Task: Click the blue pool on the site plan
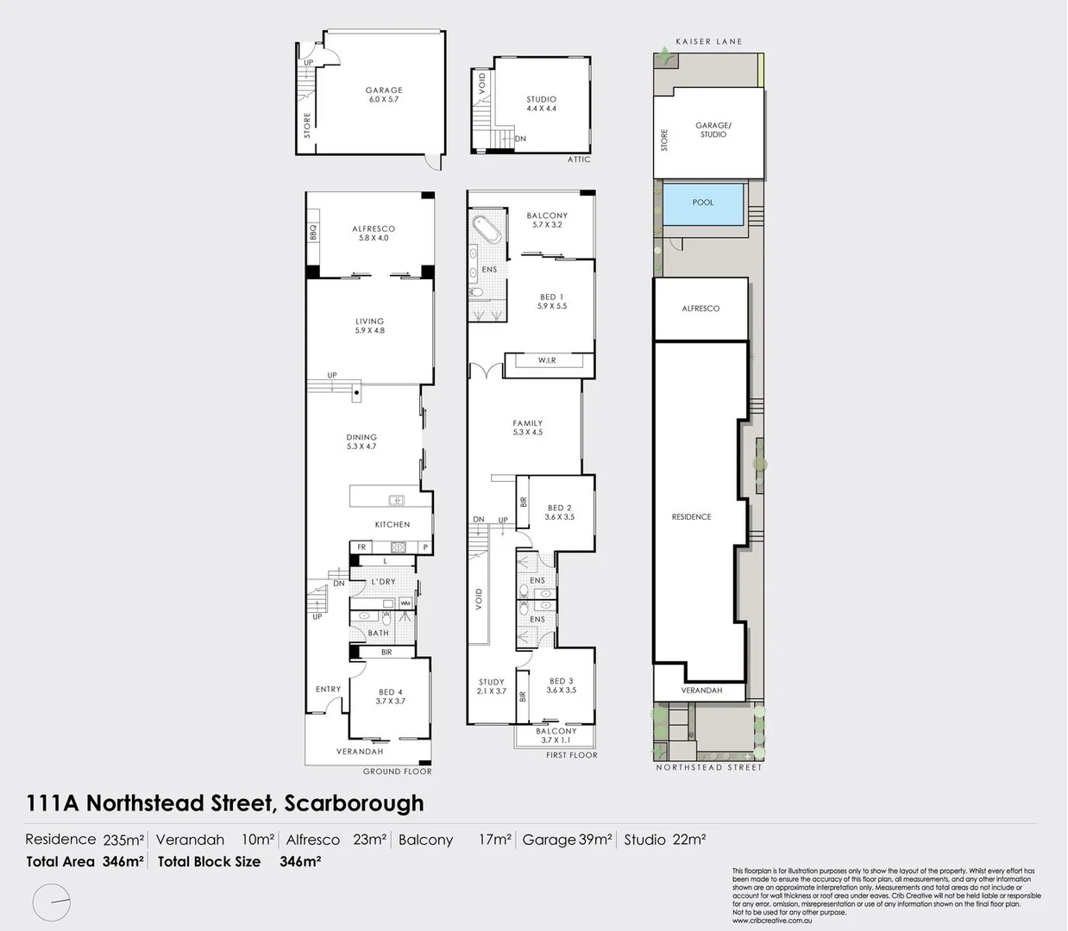[702, 203]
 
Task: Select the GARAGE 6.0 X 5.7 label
[383, 95]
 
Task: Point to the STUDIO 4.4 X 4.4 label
[541, 104]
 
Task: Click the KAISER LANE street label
[708, 41]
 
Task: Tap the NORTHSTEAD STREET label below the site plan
[708, 767]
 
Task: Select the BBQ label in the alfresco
[313, 233]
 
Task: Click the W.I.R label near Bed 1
[547, 360]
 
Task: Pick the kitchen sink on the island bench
[396, 500]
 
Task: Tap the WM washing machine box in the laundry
[405, 603]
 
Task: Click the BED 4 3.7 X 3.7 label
[390, 697]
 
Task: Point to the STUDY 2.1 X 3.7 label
[491, 686]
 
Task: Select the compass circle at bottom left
[52, 903]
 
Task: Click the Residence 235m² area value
[123, 840]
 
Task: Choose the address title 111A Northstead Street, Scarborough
[225, 803]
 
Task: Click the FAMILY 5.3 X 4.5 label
[527, 428]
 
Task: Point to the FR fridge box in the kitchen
[361, 547]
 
